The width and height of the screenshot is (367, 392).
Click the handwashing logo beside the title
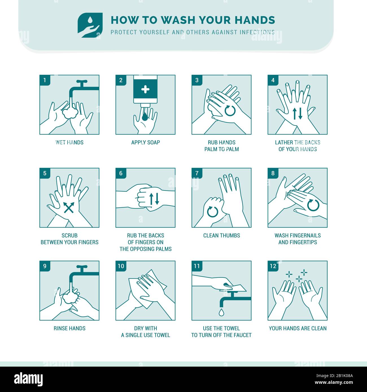coord(90,25)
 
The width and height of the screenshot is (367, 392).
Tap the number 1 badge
coord(45,80)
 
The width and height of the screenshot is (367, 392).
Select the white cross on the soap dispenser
coord(145,89)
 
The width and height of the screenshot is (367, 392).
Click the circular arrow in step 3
coord(230,111)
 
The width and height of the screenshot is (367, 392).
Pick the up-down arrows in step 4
coord(298,114)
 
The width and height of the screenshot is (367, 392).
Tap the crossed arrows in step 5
coord(69,208)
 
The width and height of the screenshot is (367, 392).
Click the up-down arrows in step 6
coord(154,199)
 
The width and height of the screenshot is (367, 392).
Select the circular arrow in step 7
coord(213,212)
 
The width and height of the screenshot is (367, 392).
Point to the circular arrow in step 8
coord(313,205)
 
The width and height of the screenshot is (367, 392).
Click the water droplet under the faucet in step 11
coord(221,312)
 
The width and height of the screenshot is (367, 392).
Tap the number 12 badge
coord(273,266)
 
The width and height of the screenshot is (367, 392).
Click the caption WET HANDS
coord(69,142)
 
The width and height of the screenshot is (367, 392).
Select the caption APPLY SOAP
coord(145,142)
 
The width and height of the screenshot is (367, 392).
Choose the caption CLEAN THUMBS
coord(222,235)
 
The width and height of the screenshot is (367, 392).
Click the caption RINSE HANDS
coord(69,328)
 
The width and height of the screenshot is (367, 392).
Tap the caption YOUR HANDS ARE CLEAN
coord(298,328)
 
